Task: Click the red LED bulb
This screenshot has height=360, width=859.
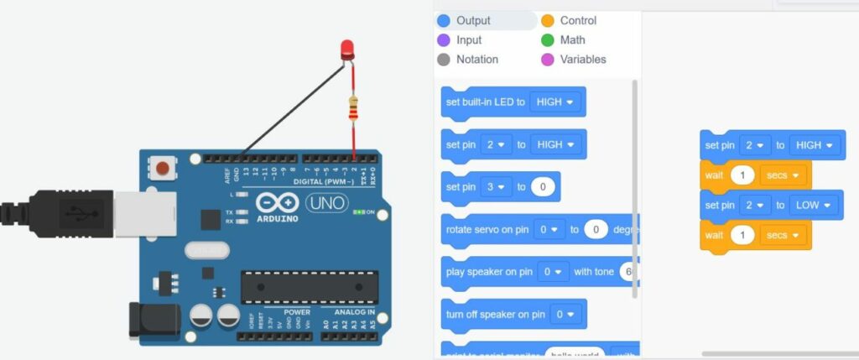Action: point(348,49)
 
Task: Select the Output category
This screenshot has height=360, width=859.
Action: point(473,20)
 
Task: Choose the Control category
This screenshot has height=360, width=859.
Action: point(578,20)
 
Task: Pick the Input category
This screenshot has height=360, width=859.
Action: point(469,39)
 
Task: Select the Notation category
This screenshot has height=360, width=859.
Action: point(476,60)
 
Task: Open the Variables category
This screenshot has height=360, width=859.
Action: point(582,60)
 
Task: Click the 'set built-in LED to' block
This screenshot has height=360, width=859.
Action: point(486,102)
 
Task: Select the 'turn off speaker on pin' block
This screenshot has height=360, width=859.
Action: point(495,315)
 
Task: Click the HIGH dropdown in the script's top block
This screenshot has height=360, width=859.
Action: point(816,145)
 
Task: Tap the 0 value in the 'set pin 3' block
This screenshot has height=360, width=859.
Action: point(544,186)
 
